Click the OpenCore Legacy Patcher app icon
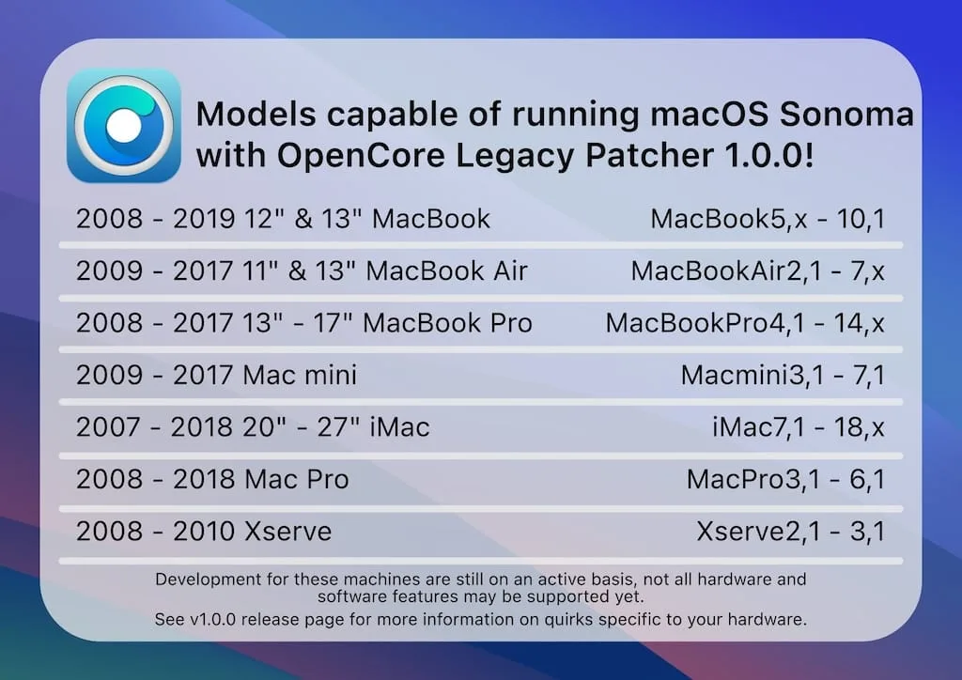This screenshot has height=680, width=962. [x=124, y=125]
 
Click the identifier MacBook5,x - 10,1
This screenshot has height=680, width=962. [x=768, y=220]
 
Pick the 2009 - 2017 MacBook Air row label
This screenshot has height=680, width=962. [x=302, y=271]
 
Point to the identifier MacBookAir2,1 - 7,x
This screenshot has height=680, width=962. [x=758, y=271]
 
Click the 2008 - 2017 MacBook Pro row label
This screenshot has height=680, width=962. [x=303, y=323]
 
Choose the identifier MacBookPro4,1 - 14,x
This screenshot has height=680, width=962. [x=745, y=323]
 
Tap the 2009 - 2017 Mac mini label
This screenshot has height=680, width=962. [x=216, y=376]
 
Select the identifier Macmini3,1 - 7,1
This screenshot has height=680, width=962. [x=783, y=376]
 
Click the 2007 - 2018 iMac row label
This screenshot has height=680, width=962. [x=253, y=427]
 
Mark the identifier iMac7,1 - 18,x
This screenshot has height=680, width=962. [x=799, y=427]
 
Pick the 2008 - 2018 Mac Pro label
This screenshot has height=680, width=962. [x=212, y=479]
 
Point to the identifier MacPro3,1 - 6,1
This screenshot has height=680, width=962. [x=785, y=479]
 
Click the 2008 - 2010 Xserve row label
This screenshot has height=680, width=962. [x=204, y=532]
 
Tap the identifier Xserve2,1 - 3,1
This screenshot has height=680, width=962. [x=790, y=532]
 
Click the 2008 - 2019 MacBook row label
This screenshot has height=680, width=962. [x=283, y=220]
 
